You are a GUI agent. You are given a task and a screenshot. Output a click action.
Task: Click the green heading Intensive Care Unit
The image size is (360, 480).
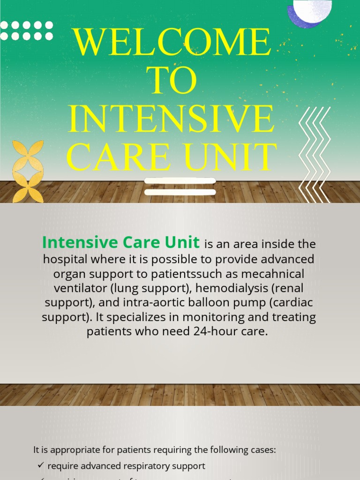(121, 243)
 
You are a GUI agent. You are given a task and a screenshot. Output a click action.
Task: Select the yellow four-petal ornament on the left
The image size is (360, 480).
(28, 171)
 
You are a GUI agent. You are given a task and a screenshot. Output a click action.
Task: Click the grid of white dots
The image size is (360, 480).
(26, 30)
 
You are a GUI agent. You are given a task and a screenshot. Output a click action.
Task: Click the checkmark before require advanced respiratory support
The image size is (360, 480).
(40, 465)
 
